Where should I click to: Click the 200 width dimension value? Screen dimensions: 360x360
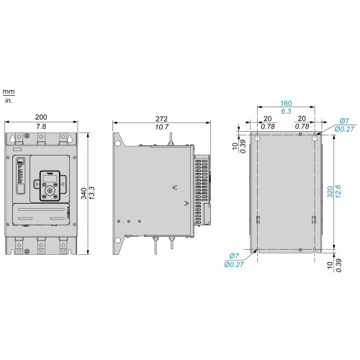[41, 117]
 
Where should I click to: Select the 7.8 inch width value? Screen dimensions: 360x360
[41, 127]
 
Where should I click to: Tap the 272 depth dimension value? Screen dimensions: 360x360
[161, 119]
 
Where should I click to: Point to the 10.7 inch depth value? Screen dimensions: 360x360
[162, 127]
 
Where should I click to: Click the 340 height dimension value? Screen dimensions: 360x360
[84, 194]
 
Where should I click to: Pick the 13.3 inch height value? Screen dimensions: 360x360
[91, 193]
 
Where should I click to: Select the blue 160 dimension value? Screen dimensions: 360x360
[286, 104]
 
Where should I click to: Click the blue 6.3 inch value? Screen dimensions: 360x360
[286, 112]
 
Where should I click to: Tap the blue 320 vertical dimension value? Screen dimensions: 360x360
[330, 192]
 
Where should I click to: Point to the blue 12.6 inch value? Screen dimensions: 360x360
[338, 192]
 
